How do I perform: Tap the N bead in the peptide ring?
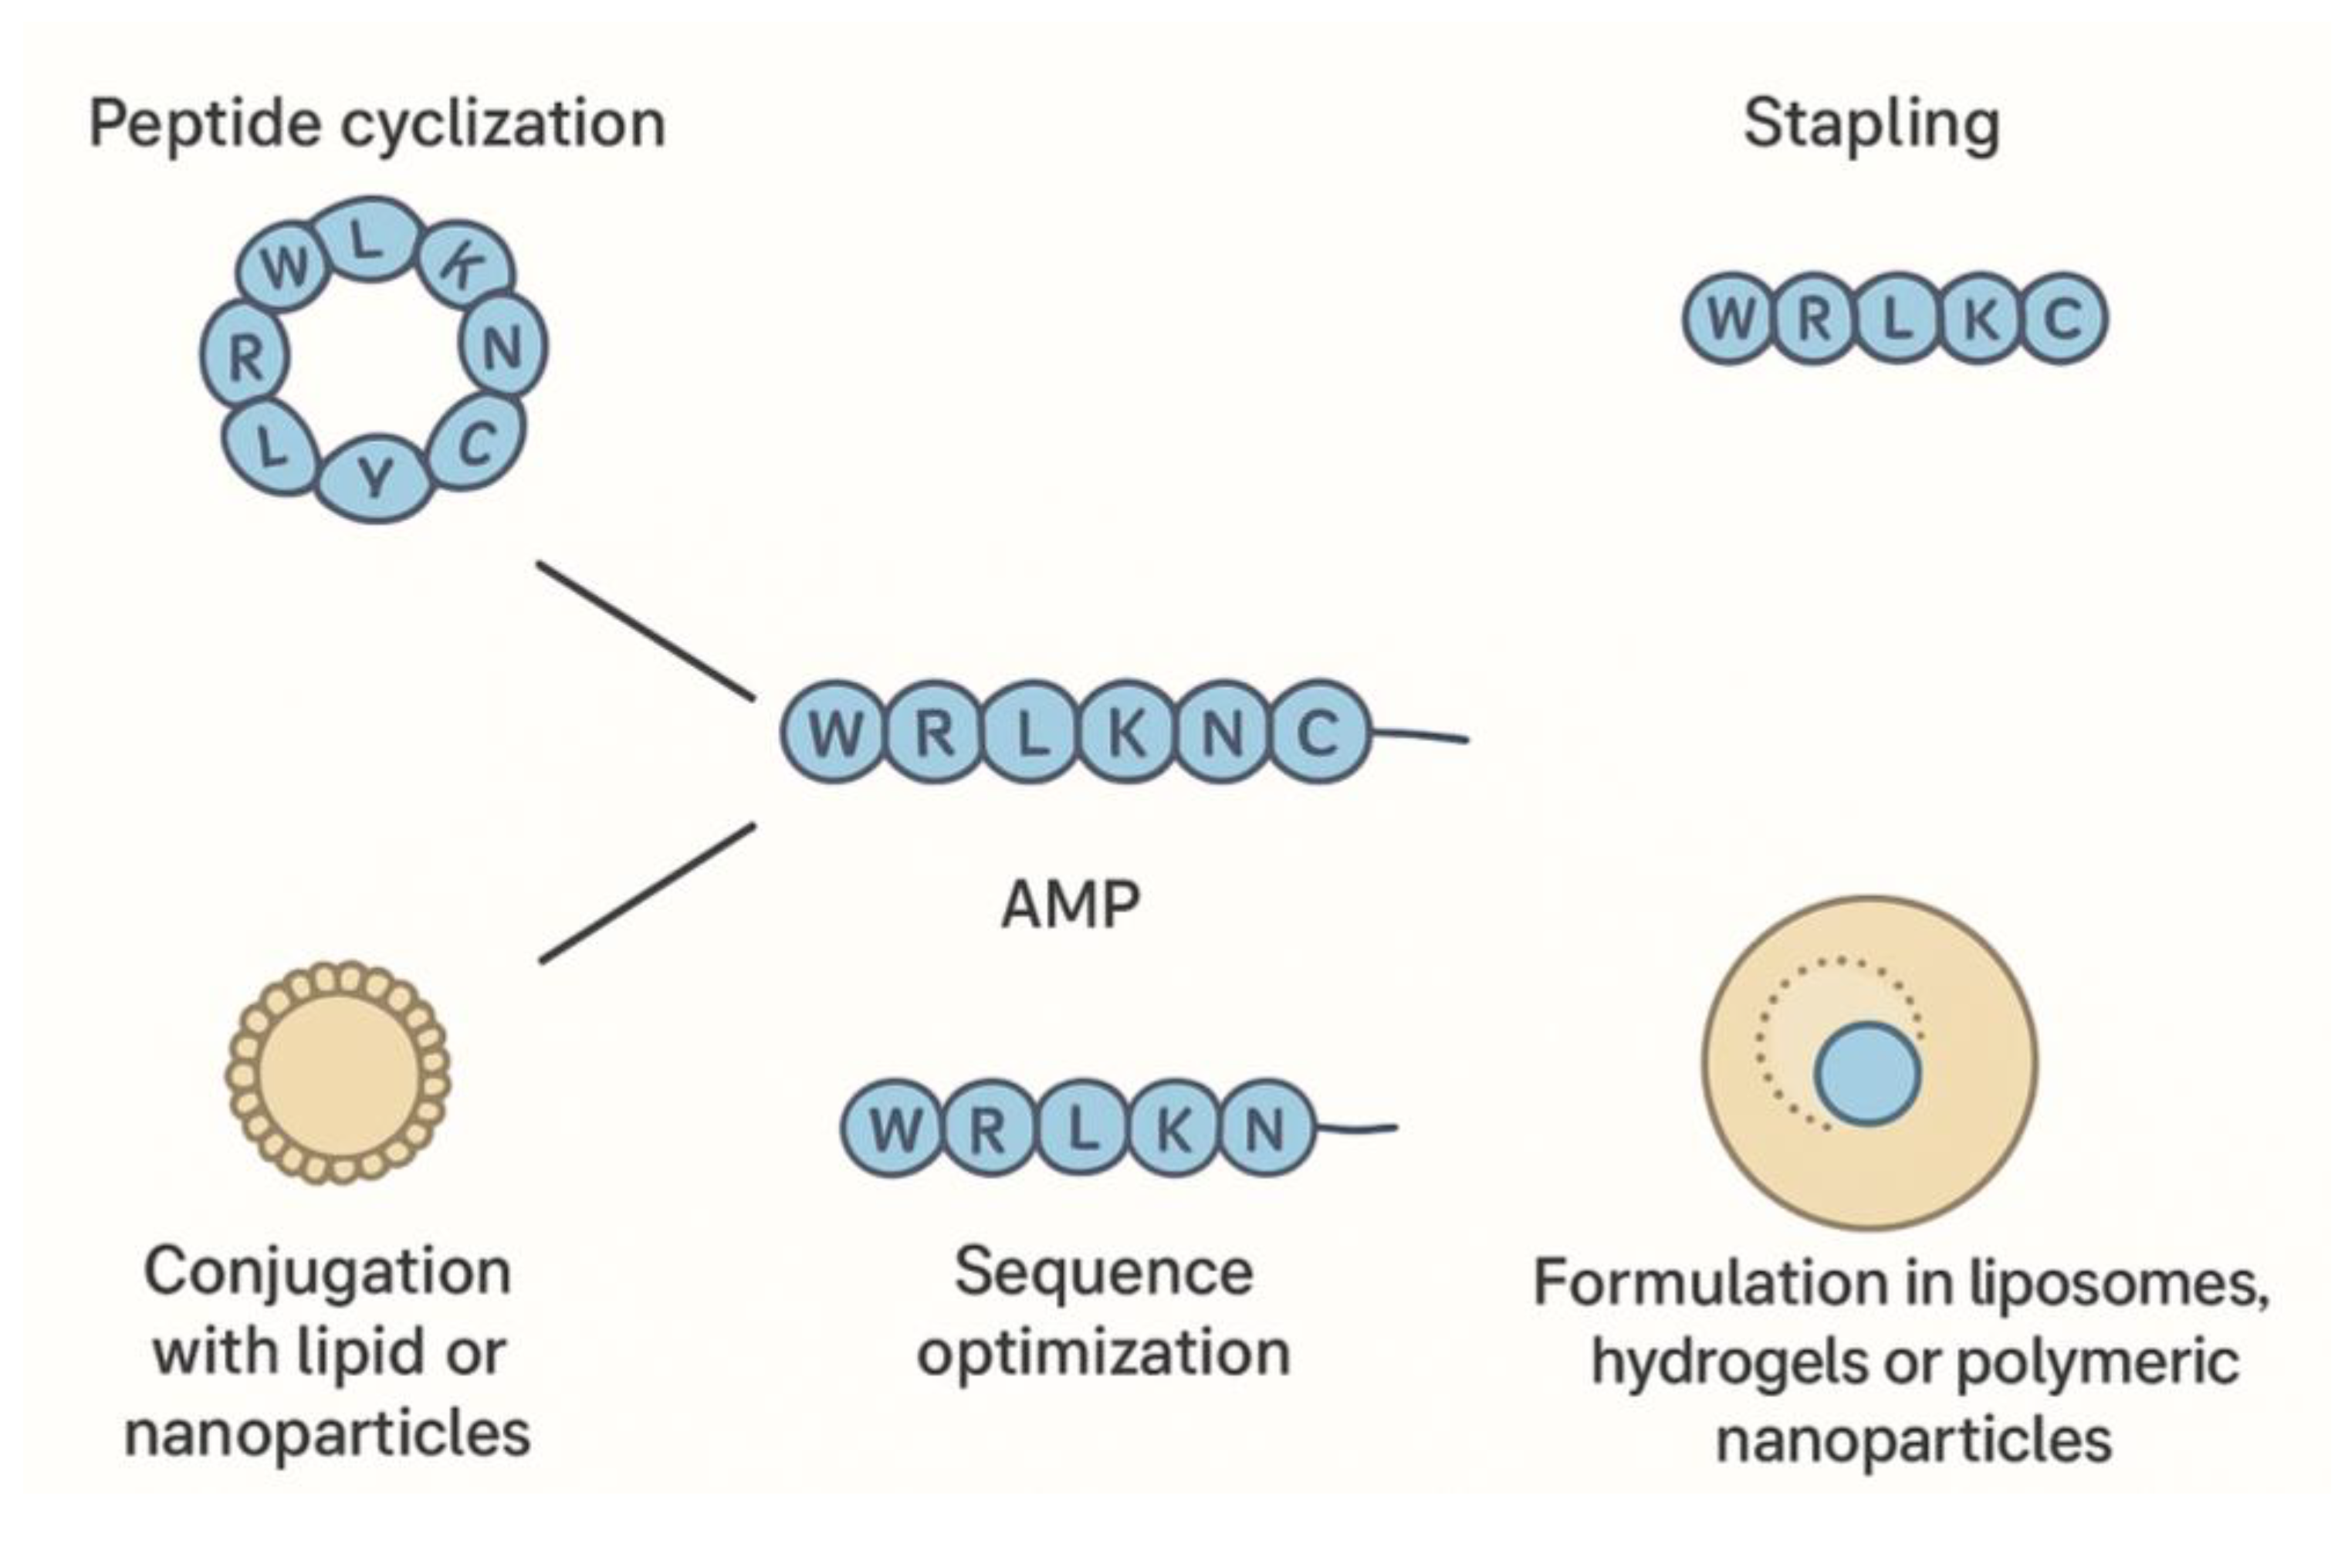[x=503, y=347]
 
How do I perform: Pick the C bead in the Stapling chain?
[x=2062, y=319]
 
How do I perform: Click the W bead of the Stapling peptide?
[x=1731, y=319]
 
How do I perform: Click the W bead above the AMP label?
[x=835, y=733]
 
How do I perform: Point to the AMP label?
[x=1070, y=905]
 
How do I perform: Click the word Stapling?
[x=1871, y=125]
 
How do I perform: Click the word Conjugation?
[x=328, y=1272]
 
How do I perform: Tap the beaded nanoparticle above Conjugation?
[x=338, y=1072]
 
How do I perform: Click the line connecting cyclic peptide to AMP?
[x=645, y=631]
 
